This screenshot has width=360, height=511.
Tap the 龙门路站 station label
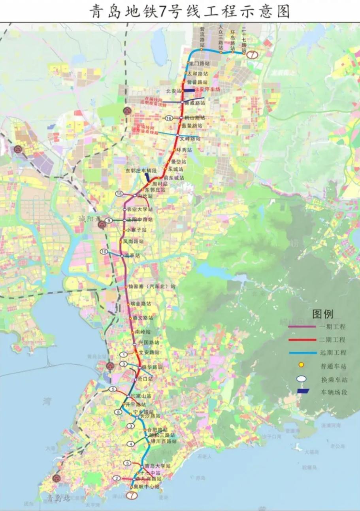click(199, 63)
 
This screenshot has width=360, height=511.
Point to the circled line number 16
click(169, 118)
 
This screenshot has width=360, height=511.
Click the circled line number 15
click(119, 193)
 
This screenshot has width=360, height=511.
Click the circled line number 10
click(104, 251)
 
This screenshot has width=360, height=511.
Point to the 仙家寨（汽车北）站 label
click(152, 286)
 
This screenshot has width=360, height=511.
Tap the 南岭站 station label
click(143, 332)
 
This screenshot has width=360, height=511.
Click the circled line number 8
click(118, 412)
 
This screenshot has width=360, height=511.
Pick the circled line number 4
click(131, 444)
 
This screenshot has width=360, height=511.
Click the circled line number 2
click(116, 478)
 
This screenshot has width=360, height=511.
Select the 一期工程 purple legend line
click(302, 327)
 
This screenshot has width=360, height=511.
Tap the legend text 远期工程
click(334, 353)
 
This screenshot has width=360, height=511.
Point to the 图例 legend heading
click(323, 314)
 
